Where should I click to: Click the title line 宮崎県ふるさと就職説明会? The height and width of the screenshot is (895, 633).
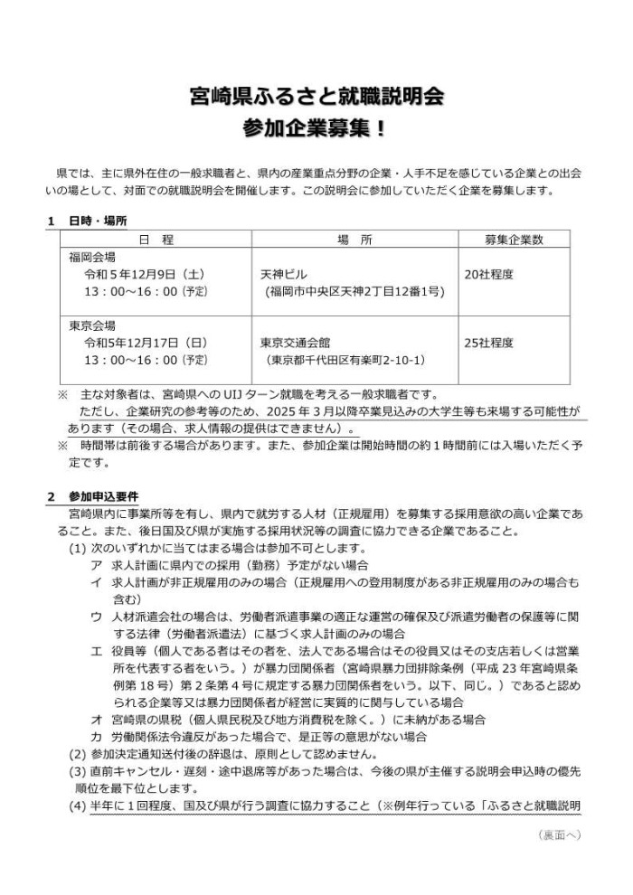(316, 94)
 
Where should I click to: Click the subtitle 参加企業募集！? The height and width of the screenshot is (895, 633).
(316, 127)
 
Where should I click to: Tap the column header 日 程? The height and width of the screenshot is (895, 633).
(156, 240)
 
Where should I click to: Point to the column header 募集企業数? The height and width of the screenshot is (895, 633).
(513, 240)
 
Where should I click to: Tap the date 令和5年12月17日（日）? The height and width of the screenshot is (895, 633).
(146, 343)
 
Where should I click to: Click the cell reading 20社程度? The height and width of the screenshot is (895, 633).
(488, 274)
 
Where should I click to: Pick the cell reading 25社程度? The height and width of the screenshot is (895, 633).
(488, 343)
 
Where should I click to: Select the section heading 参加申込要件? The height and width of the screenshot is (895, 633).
(103, 496)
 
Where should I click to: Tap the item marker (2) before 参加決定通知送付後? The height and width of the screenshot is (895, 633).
(78, 754)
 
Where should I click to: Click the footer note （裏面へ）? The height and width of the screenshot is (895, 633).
(558, 835)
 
